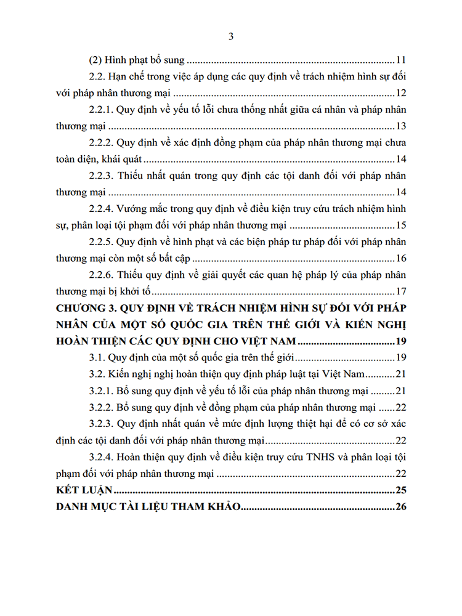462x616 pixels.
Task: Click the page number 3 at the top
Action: click(231, 36)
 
